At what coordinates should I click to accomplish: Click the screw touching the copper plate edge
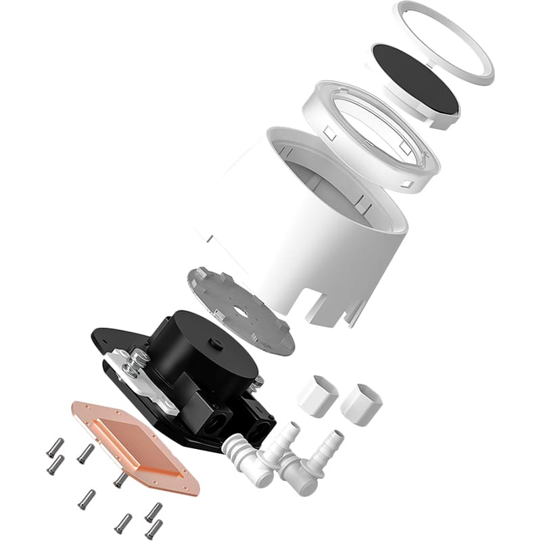tap(120, 479)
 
